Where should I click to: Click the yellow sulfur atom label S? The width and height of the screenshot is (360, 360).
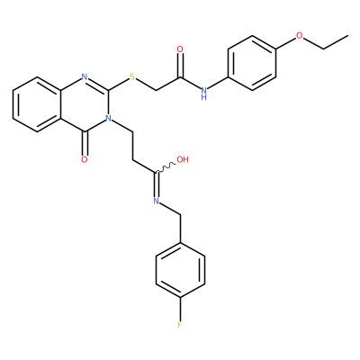132,76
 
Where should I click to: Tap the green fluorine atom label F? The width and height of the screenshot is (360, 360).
180,325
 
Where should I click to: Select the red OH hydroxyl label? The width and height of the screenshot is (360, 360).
183,159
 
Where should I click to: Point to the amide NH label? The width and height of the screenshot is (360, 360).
204,93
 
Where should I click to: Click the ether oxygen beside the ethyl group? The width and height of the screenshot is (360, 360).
300,36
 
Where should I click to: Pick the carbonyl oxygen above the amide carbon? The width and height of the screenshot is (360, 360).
180,49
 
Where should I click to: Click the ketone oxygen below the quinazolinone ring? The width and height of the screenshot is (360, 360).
85,159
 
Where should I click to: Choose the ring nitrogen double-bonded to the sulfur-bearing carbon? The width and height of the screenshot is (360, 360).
85,76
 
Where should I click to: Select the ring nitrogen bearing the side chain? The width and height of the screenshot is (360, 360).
108,118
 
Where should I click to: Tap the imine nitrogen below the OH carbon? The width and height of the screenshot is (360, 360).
157,201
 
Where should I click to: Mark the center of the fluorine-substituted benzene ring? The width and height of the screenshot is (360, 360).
180,270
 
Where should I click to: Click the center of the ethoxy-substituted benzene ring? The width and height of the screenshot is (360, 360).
252,63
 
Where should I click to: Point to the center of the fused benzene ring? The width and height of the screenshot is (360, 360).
37,104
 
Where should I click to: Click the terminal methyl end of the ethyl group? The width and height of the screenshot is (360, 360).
347,36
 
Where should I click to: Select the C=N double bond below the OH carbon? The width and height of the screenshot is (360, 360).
157,184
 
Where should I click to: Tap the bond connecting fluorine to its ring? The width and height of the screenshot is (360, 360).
180,309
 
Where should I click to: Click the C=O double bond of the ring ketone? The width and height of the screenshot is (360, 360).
85,143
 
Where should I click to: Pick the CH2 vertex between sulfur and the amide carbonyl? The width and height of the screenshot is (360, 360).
157,90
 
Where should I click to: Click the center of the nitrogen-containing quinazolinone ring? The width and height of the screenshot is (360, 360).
85,104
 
